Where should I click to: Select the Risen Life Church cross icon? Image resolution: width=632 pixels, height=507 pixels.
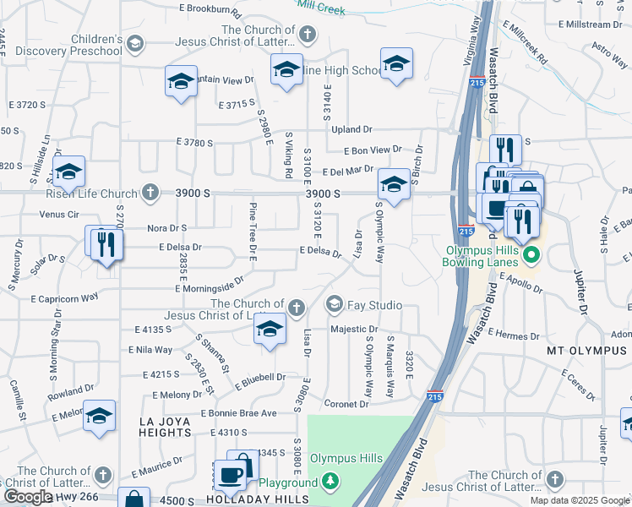tap(150, 192)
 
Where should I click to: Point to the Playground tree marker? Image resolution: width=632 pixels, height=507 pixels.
tap(330, 482)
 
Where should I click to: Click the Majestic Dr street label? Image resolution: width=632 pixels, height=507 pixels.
tap(353, 329)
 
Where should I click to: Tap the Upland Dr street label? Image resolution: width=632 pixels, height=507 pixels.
tap(351, 129)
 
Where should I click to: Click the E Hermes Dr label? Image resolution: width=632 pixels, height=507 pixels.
tap(513, 334)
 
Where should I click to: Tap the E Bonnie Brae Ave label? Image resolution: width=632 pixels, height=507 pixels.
tap(238, 413)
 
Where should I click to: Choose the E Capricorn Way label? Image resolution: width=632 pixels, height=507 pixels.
tap(64, 298)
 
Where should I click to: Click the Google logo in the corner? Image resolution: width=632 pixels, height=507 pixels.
tap(28, 497)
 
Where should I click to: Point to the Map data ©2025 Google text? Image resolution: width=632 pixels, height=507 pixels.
tap(580, 500)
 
